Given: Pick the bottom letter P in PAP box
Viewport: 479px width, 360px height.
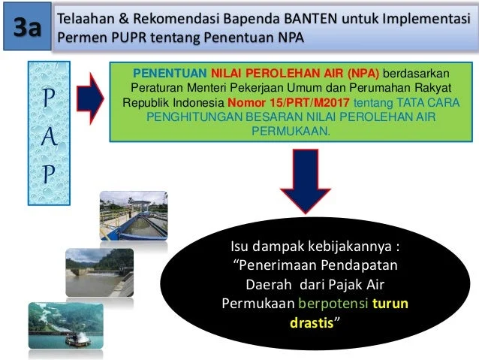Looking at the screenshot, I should (x=49, y=175).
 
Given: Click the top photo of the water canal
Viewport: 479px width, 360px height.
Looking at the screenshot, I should (x=133, y=215).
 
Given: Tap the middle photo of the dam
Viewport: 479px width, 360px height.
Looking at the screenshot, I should (x=99, y=272).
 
